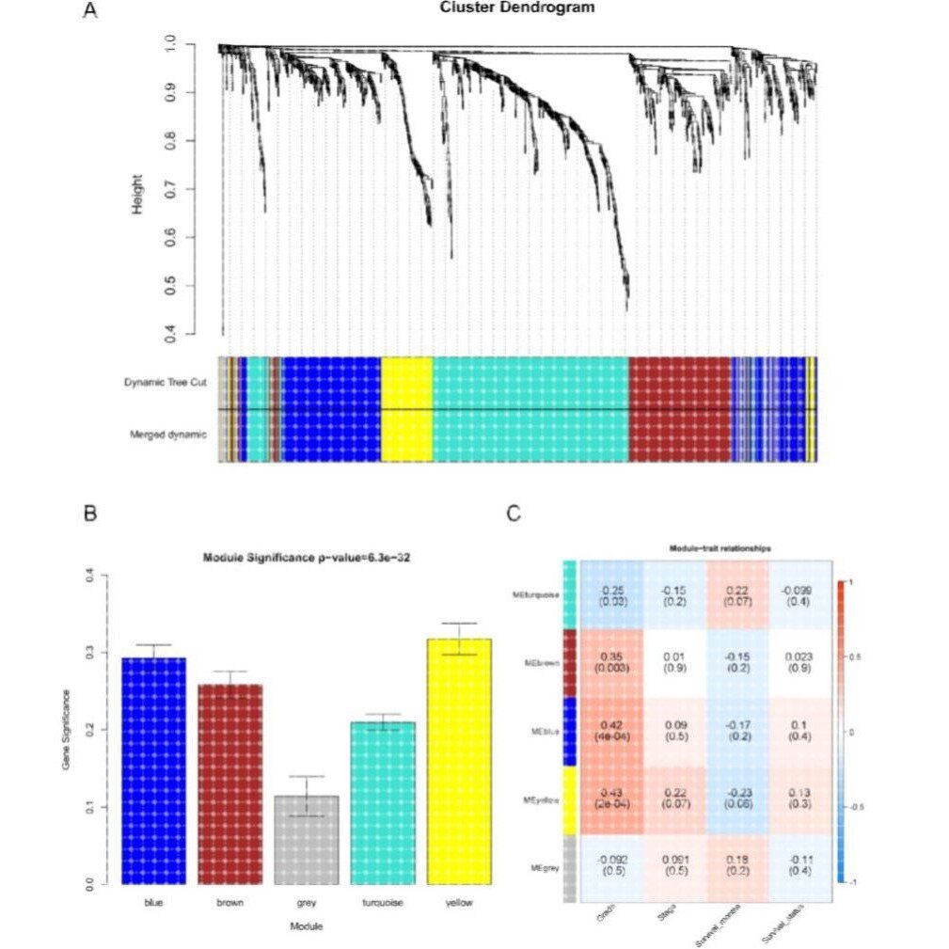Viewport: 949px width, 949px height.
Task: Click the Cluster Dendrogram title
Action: point(517,8)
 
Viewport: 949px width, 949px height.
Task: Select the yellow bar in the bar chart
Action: point(459,762)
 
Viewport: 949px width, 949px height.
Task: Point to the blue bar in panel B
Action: point(153,771)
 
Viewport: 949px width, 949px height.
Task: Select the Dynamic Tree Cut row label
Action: point(165,383)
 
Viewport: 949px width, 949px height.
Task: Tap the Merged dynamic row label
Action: point(168,435)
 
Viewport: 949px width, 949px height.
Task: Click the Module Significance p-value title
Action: point(306,559)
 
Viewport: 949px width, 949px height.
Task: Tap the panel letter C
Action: point(513,514)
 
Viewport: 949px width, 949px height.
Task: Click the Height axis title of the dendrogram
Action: point(138,194)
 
